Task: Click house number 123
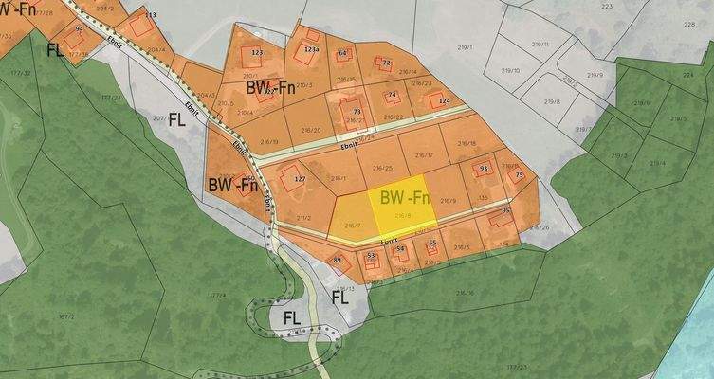click(257, 53)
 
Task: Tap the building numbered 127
click(300, 179)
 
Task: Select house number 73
click(357, 112)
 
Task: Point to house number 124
click(444, 100)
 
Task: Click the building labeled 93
click(484, 169)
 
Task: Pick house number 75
click(519, 175)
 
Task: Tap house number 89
click(337, 260)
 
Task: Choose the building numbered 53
click(371, 256)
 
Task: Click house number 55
click(432, 244)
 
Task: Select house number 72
click(386, 63)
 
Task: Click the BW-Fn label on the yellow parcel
click(405, 198)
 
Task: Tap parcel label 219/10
click(510, 70)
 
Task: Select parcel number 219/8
click(552, 101)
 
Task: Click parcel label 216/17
click(424, 154)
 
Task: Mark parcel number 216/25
click(383, 169)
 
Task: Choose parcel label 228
click(688, 26)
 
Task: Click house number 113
click(151, 17)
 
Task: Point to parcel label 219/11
click(540, 44)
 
